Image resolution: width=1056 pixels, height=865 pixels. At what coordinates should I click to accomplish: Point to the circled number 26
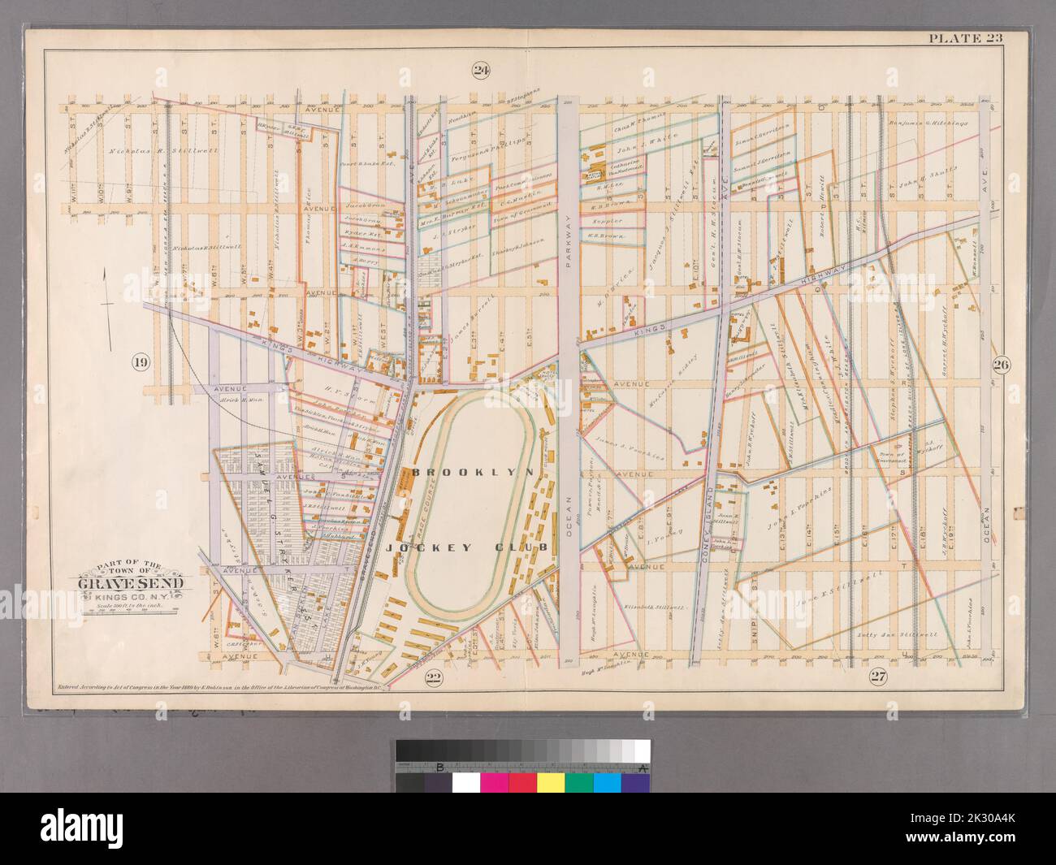click(x=1000, y=365)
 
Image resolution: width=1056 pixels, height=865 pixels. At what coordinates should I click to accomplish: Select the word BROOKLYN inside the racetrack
click(x=472, y=471)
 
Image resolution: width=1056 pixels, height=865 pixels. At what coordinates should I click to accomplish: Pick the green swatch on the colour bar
click(x=579, y=783)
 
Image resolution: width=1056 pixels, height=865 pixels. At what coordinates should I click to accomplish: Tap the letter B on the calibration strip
click(x=439, y=767)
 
